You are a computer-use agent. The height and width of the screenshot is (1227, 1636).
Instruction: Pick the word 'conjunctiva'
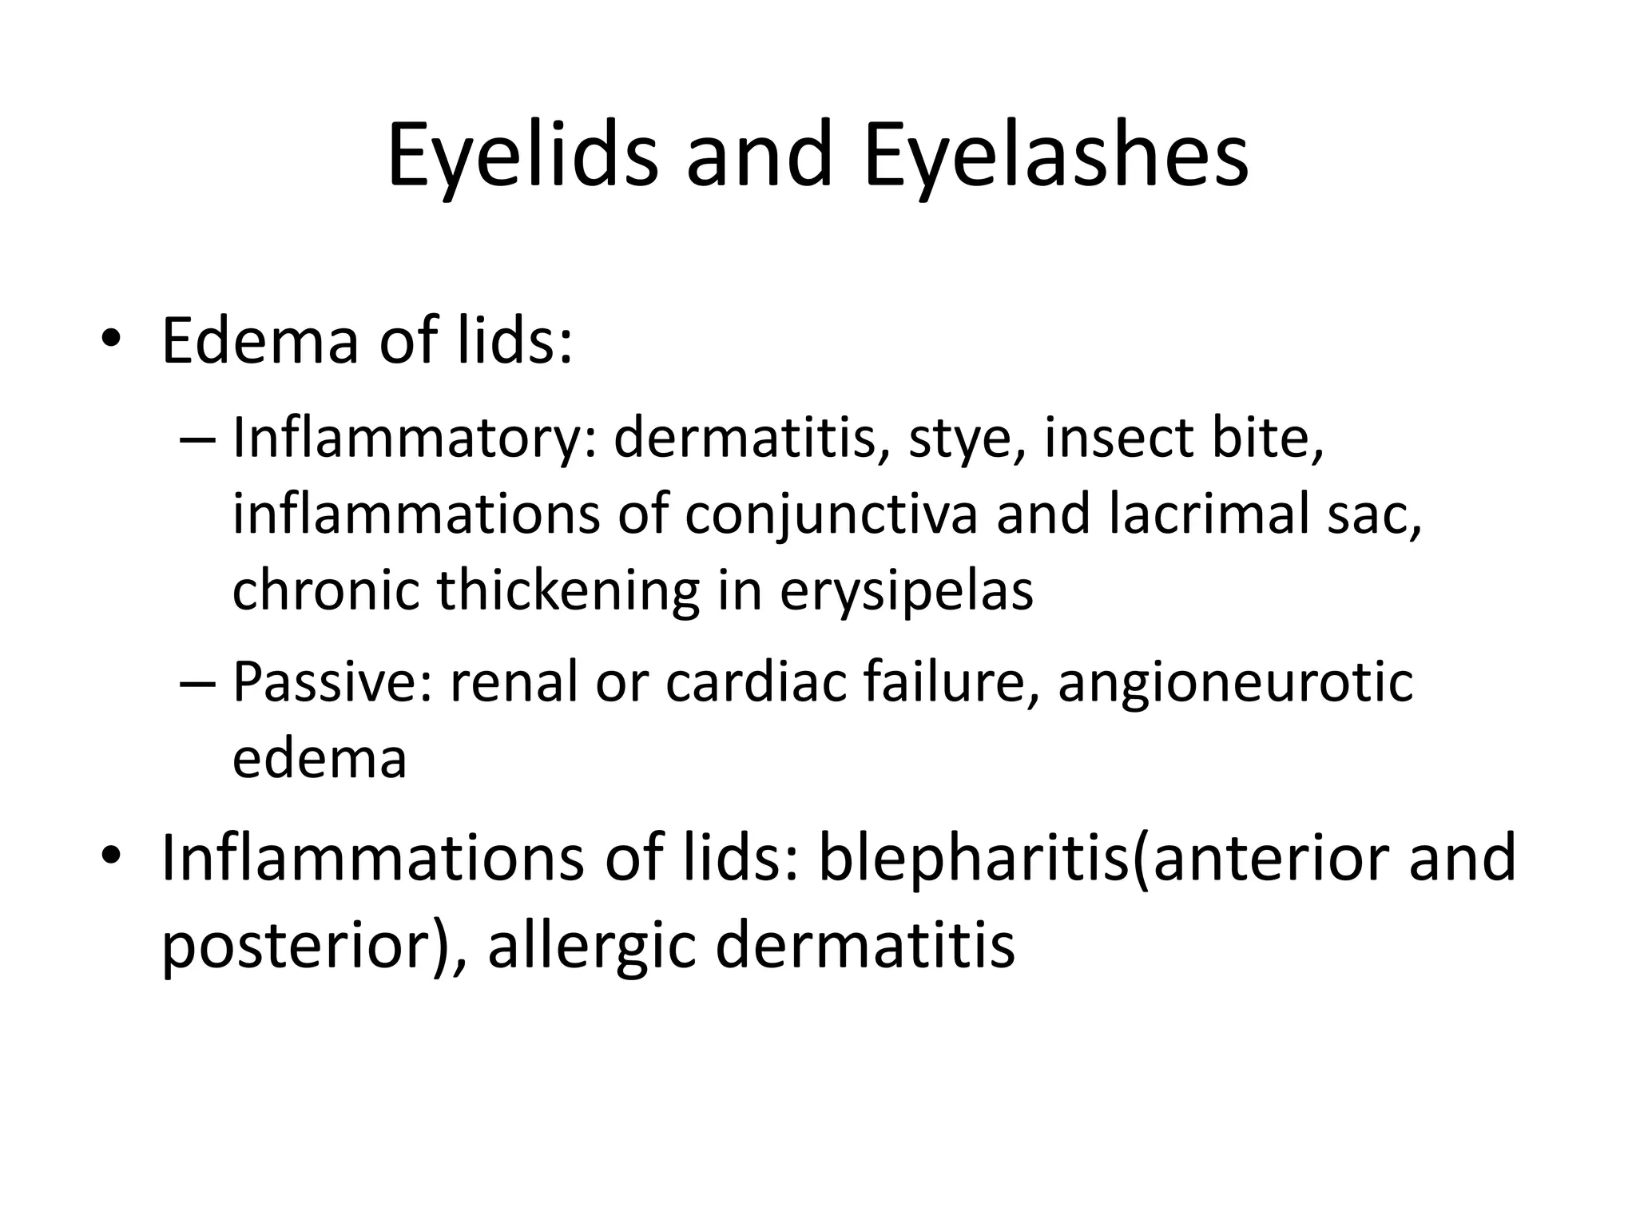tap(831, 515)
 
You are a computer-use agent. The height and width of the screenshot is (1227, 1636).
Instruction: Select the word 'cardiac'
tap(755, 682)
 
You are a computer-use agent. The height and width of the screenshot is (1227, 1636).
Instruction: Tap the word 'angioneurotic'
tap(1235, 682)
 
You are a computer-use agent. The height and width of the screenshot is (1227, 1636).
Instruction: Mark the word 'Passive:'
tap(332, 682)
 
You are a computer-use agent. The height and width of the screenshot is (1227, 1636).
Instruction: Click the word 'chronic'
tap(325, 591)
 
